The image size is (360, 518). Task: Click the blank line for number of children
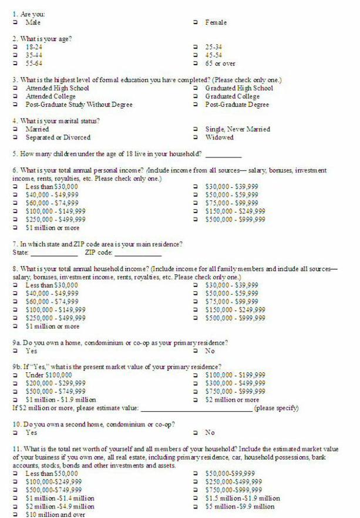click(223, 155)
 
